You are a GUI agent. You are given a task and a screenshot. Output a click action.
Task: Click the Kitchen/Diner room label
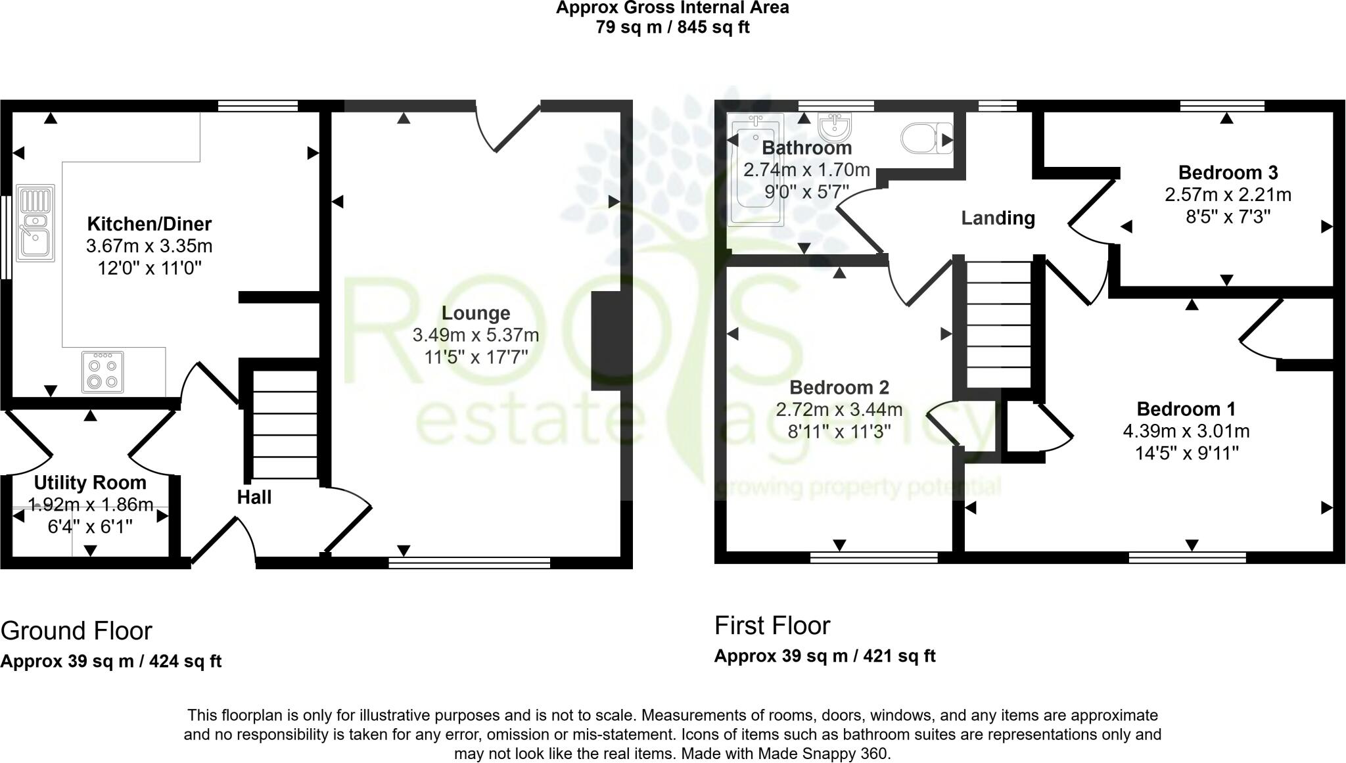click(149, 224)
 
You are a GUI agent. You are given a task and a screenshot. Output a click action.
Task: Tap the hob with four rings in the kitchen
click(103, 372)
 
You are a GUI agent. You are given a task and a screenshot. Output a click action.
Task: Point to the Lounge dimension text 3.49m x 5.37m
click(475, 335)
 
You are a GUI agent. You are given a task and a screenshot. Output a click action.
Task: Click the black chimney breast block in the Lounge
click(605, 341)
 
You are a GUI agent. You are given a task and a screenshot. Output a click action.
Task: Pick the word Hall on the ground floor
click(254, 497)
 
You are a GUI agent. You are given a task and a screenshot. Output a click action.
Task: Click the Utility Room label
click(90, 483)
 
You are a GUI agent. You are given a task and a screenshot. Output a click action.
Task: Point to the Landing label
click(998, 218)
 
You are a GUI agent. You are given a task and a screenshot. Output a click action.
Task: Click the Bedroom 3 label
click(1228, 173)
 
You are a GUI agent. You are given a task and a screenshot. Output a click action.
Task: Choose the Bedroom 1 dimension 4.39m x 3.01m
click(1186, 432)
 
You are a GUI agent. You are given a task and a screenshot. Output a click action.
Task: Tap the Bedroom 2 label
click(839, 388)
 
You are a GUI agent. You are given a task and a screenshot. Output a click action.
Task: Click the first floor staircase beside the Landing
click(998, 325)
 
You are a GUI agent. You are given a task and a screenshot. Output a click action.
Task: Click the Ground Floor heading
click(76, 631)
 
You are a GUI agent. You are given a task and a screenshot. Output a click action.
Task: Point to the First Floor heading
click(772, 626)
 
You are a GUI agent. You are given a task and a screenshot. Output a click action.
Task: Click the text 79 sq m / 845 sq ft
click(672, 28)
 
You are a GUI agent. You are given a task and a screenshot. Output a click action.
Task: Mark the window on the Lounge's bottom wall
click(469, 562)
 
